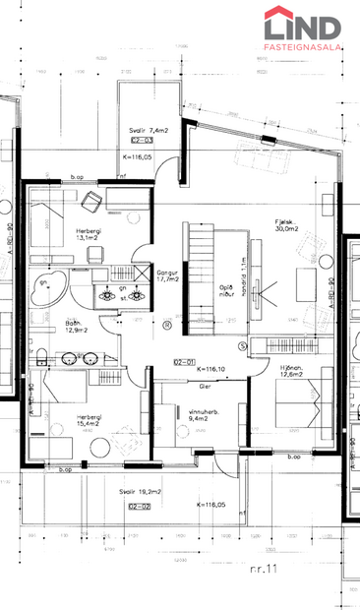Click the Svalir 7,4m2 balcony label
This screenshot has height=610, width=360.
coord(148,130)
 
